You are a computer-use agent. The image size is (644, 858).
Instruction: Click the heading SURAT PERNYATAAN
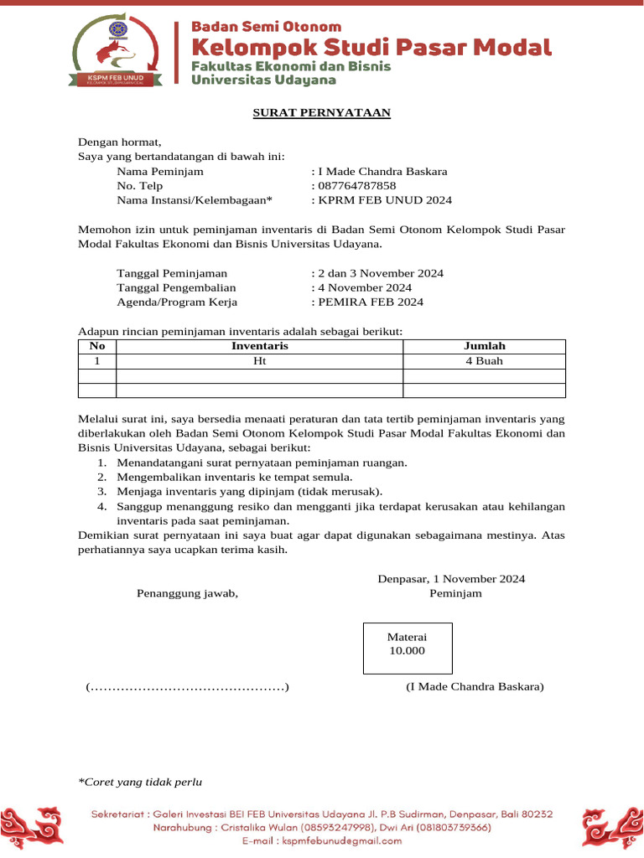(322, 113)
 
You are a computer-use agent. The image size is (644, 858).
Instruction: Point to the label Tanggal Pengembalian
(176, 287)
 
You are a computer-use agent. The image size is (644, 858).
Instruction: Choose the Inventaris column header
(260, 346)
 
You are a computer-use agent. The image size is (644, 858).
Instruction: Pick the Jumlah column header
(485, 346)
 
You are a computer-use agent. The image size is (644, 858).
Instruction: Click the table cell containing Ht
(260, 361)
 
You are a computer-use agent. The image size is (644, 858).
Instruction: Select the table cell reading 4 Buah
(485, 361)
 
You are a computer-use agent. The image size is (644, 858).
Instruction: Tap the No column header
(97, 346)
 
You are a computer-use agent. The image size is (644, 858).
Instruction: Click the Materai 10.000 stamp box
(408, 648)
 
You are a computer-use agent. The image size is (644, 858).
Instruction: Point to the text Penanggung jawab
(188, 594)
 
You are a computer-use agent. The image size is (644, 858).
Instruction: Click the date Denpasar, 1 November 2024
(451, 579)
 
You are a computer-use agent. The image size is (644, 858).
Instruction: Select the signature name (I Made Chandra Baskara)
(475, 687)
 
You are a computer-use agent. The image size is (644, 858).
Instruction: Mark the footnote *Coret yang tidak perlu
(141, 783)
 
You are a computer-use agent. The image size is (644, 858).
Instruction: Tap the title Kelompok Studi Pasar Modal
(371, 47)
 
